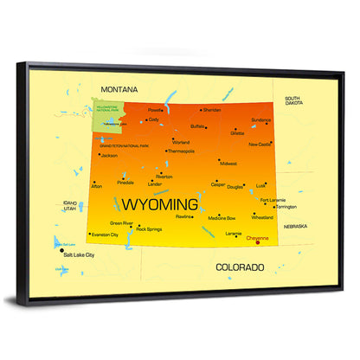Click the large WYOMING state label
pyautogui.click(x=159, y=205)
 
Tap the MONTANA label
pyautogui.click(x=119, y=89)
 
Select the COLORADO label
pyautogui.click(x=240, y=267)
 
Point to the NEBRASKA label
pyautogui.click(x=295, y=226)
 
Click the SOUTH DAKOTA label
pyautogui.click(x=292, y=101)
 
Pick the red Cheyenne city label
pyautogui.click(x=258, y=237)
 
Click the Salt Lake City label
pyautogui.click(x=78, y=256)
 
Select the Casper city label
pyautogui.click(x=218, y=183)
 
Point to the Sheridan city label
pyautogui.click(x=213, y=110)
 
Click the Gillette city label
pyautogui.click(x=236, y=133)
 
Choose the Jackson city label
pyautogui.click(x=109, y=156)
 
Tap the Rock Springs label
pyautogui.click(x=149, y=229)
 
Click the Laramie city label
pyautogui.click(x=233, y=233)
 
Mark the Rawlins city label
pyautogui.click(x=184, y=216)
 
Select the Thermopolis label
pyautogui.click(x=181, y=151)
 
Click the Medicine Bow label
pyautogui.click(x=221, y=218)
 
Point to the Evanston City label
pyautogui.click(x=105, y=234)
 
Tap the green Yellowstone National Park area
pyautogui.click(x=107, y=118)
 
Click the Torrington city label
pyautogui.click(x=286, y=207)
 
